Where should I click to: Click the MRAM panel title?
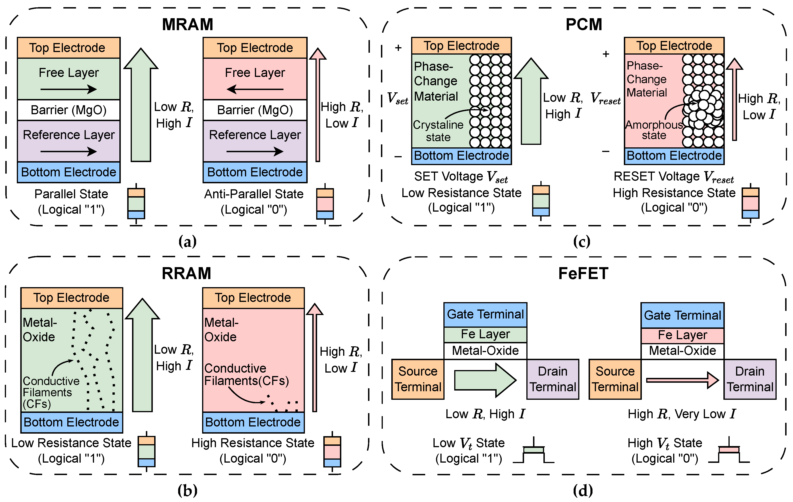[188, 24]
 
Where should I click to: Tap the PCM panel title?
[584, 24]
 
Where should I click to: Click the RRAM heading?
[186, 273]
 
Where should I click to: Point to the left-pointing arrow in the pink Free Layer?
[255, 89]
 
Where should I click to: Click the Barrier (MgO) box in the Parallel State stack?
[68, 110]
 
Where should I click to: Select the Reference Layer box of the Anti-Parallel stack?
[255, 141]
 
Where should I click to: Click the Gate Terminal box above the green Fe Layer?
[485, 315]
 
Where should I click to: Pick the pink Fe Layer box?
[682, 335]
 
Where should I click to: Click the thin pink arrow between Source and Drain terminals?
[682, 380]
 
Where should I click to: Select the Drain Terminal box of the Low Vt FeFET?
[553, 379]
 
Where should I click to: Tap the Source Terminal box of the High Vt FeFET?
[615, 379]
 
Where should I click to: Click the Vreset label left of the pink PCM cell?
[605, 98]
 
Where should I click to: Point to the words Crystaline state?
[438, 131]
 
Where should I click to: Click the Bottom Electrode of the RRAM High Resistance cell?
[253, 422]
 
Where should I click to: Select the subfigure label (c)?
[582, 242]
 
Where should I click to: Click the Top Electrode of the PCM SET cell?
[461, 46]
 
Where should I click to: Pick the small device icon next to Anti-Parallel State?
[325, 204]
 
